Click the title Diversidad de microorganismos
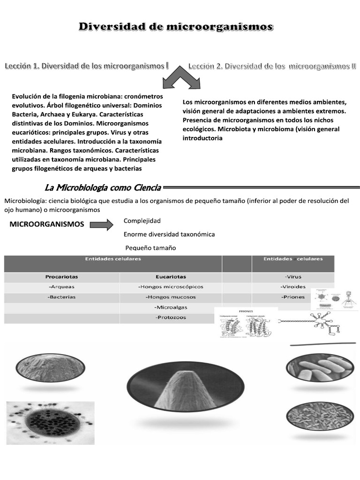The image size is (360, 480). click(175, 27)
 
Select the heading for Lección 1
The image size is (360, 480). click(87, 66)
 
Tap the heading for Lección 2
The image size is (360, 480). click(272, 66)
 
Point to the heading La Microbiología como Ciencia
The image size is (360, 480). click(103, 188)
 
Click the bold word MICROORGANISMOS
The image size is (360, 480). click(47, 224)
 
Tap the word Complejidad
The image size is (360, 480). click(142, 220)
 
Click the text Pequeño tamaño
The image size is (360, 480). click(150, 247)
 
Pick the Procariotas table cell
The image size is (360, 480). click(61, 277)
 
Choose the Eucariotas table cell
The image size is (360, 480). click(171, 277)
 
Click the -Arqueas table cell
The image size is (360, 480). click(61, 287)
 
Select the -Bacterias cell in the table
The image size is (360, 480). click(61, 297)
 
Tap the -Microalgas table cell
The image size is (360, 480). click(171, 307)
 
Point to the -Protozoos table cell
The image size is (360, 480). click(171, 318)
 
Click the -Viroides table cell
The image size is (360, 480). click(293, 287)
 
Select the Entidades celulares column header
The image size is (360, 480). click(112, 259)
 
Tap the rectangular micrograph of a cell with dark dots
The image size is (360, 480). click(50, 423)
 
